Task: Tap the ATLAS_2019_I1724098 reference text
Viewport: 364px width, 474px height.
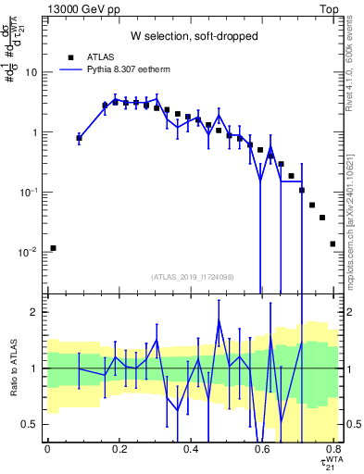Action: (x=194, y=277)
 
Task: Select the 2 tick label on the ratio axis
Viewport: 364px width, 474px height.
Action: (x=33, y=312)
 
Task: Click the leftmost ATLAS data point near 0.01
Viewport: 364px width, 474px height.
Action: (x=54, y=248)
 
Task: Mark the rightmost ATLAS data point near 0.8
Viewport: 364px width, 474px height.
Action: (x=333, y=244)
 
